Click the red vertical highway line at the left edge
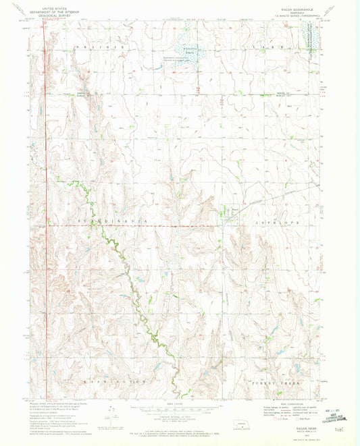45,135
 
